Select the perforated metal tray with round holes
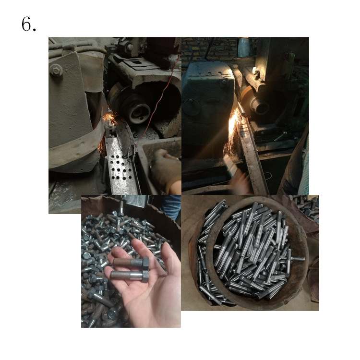(x=120, y=164)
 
